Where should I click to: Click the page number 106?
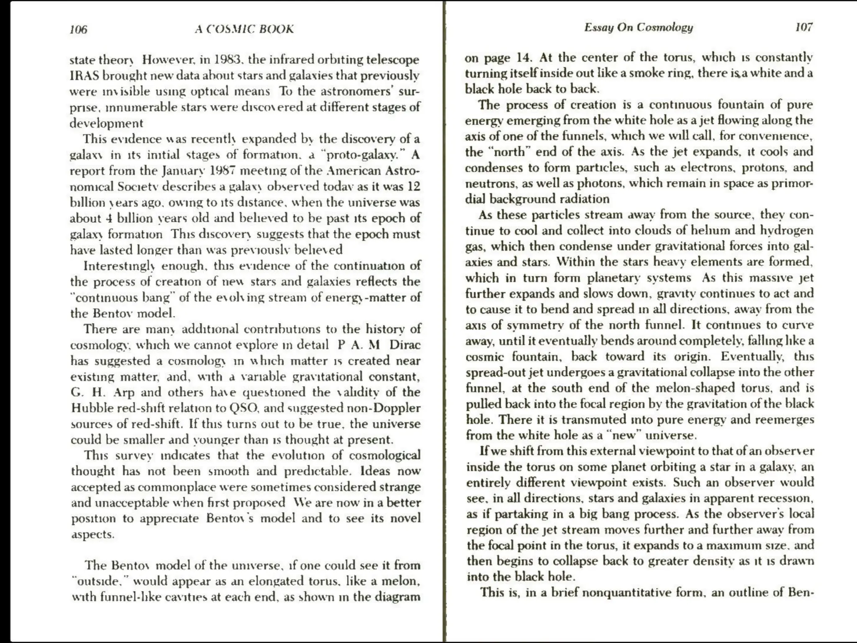point(78,29)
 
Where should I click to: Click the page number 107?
point(803,27)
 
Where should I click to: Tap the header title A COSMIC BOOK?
point(244,29)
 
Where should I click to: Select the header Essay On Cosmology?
point(639,28)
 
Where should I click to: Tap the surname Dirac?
point(405,345)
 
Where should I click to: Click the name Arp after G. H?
point(124,392)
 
